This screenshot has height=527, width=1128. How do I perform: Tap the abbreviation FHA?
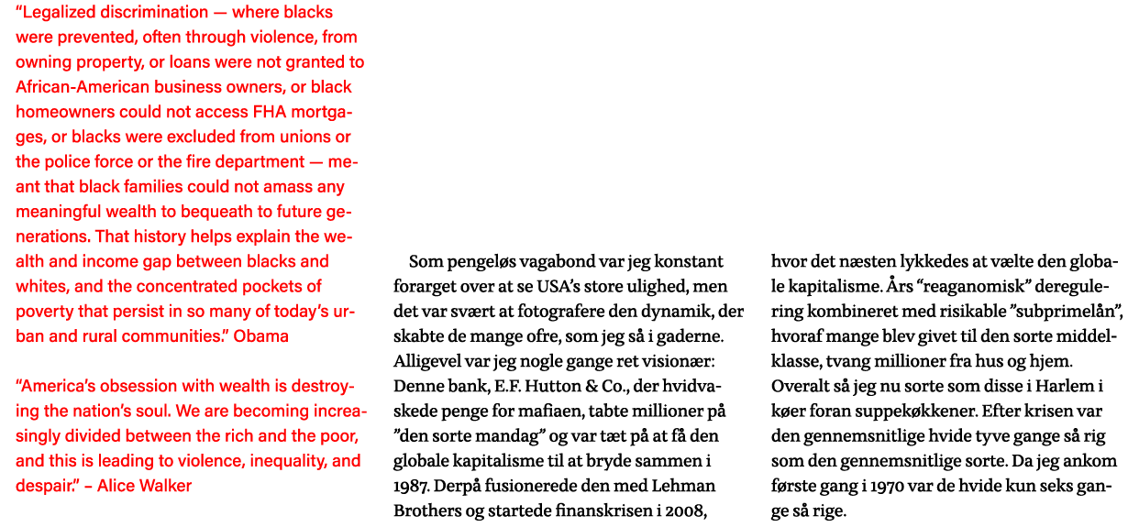click(x=271, y=113)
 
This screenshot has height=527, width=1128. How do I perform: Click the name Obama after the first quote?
click(x=261, y=335)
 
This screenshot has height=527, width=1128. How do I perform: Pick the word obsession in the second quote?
click(x=134, y=386)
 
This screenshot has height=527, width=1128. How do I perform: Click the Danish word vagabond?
click(x=529, y=262)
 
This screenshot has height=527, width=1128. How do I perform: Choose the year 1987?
click(x=412, y=485)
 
